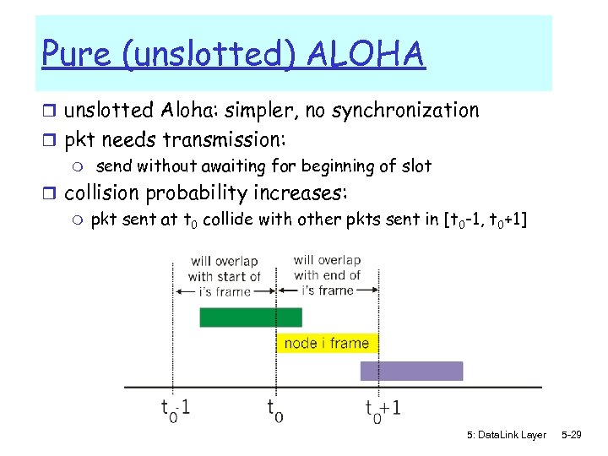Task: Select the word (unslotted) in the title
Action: click(x=211, y=56)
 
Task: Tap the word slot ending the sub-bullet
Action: click(x=415, y=166)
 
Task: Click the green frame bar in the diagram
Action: click(x=250, y=318)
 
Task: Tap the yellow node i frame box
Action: click(x=327, y=343)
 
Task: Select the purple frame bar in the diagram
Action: click(x=411, y=371)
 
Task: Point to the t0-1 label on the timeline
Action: click(x=176, y=409)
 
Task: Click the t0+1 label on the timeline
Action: click(x=383, y=409)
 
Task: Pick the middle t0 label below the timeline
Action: click(x=275, y=410)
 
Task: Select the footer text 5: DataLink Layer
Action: click(x=506, y=435)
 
